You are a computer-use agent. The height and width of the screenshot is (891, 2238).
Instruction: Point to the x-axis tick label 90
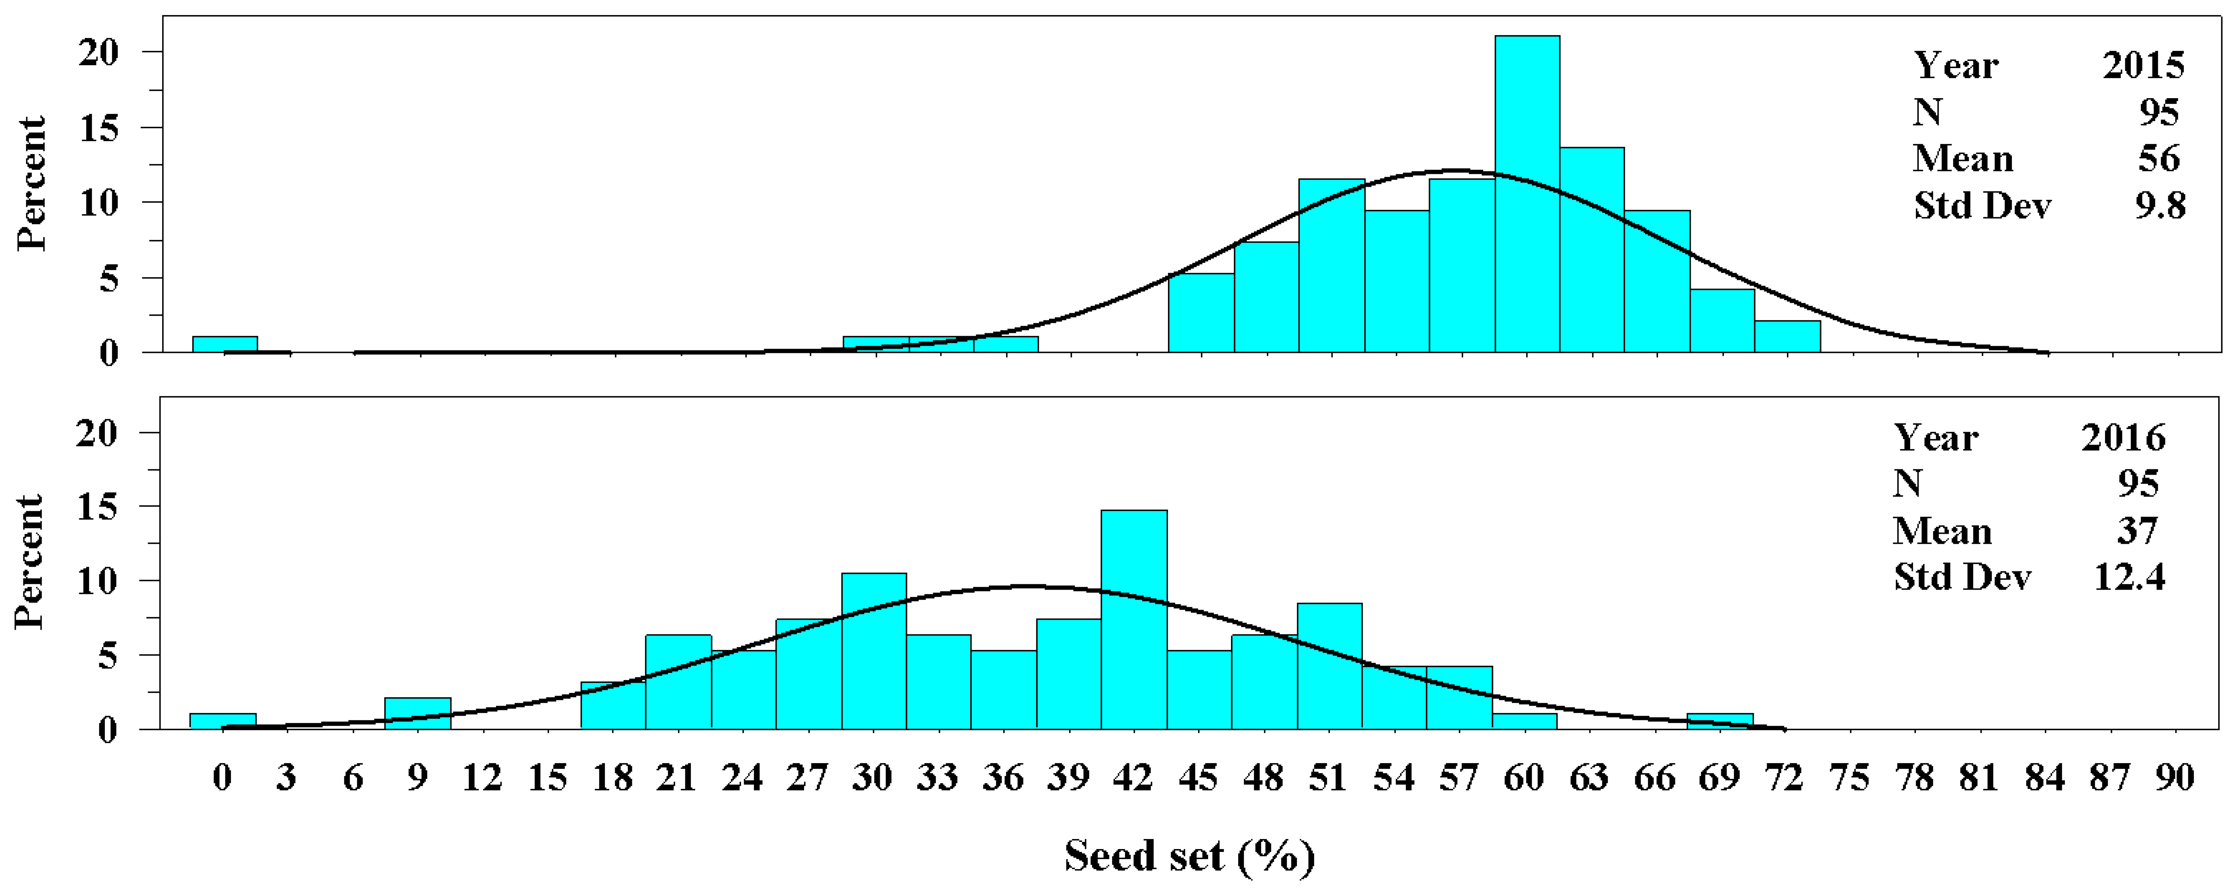2175,777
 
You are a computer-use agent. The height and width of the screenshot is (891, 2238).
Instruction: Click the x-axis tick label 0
222,777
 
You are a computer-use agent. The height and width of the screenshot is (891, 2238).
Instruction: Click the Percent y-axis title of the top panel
31,184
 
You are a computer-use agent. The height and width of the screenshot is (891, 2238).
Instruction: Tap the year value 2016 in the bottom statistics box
2122,438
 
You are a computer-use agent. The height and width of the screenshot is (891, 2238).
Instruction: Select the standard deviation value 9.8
2160,206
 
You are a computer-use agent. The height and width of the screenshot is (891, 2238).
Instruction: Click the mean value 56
2159,159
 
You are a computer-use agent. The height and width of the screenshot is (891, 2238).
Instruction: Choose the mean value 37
2137,531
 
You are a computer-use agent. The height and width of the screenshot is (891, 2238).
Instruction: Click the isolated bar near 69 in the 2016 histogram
1719,721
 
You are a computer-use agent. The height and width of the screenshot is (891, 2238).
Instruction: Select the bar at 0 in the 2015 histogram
224,344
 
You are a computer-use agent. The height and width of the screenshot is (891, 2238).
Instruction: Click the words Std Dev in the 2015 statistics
1982,206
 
